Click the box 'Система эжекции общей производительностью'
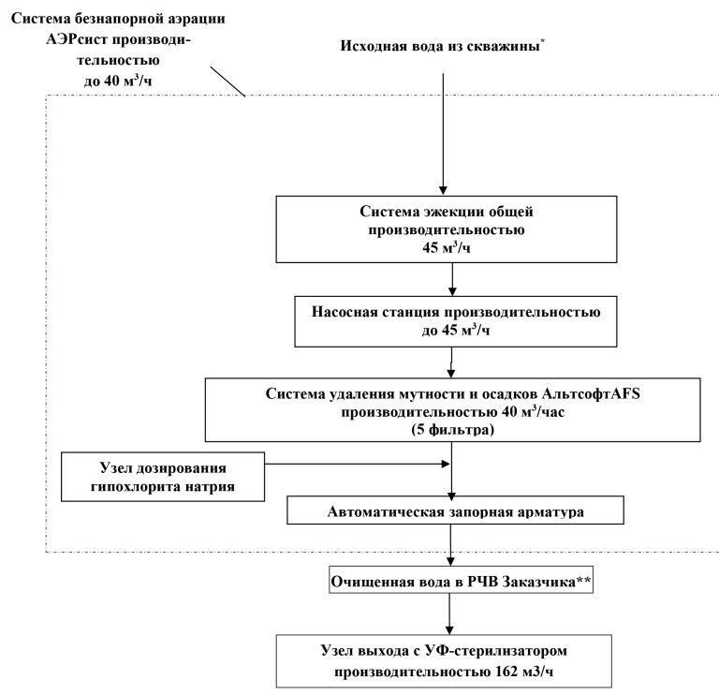[451, 229]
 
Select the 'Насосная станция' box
[451, 319]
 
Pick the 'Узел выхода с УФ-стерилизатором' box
[451, 660]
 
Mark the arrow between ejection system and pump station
[451, 278]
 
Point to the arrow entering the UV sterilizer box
[451, 614]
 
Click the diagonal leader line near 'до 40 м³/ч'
[227, 81]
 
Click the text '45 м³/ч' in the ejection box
[451, 248]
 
